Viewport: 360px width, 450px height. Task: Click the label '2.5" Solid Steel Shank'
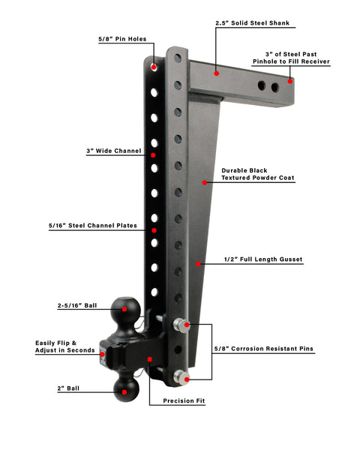252,23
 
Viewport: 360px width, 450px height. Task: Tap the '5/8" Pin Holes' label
122,39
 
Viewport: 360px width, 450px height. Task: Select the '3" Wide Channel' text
114,151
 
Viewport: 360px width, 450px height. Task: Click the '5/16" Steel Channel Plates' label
93,226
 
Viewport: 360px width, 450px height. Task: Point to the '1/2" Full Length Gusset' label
263,259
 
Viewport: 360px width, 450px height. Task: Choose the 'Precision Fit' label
184,400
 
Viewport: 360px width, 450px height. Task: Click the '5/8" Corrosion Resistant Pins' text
264,349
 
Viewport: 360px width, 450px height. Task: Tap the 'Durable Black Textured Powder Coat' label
258,174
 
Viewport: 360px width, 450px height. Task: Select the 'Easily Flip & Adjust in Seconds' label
65,346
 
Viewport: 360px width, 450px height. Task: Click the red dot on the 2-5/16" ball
124,309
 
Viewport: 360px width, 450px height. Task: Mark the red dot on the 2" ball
124,392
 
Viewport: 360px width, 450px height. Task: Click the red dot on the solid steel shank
217,73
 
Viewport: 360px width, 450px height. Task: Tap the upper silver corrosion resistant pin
181,325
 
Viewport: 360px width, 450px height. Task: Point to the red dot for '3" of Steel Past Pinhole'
290,81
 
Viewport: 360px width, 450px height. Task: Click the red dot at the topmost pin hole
154,67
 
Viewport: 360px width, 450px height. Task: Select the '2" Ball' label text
68,388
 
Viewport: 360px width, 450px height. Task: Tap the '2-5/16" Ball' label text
77,306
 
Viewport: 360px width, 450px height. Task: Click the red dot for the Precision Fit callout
149,359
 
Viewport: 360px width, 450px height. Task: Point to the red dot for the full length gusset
198,264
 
